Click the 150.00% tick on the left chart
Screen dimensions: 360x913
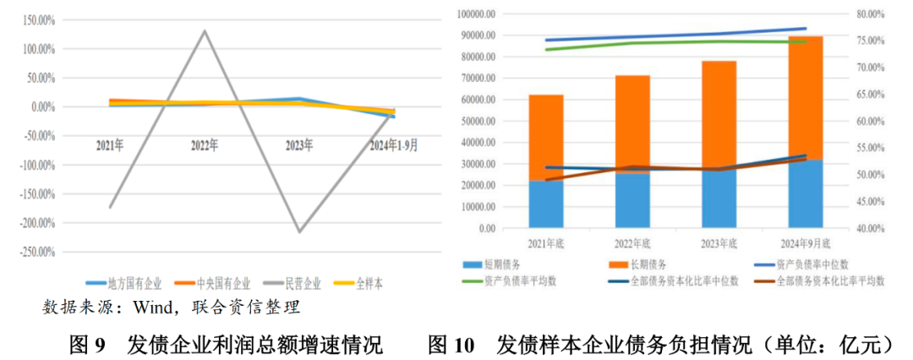[x=33, y=20]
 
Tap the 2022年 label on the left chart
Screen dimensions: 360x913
[x=205, y=145]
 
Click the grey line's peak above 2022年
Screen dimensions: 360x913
[x=205, y=31]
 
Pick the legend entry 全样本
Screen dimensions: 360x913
[x=366, y=283]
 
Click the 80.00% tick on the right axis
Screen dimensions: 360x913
[x=866, y=14]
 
